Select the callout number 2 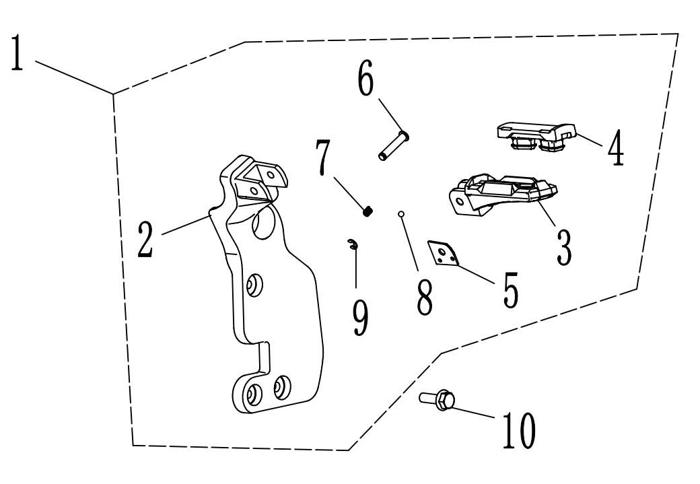pos(144,239)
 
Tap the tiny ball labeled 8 pos(400,215)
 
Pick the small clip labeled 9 pos(353,244)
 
